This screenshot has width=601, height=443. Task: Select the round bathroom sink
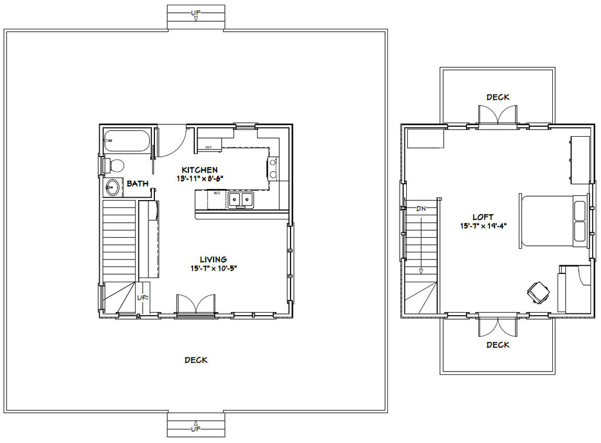(112, 188)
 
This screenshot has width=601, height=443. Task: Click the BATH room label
(138, 184)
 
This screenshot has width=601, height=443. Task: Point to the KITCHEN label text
(200, 170)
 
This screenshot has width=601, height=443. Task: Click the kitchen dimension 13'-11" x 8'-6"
(200, 178)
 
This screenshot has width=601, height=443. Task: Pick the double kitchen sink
(241, 199)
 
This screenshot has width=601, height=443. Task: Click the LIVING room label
(213, 259)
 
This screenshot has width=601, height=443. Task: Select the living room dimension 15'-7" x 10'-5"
(213, 268)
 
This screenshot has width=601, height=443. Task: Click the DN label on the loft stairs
(421, 208)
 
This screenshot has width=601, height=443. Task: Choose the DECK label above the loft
(498, 97)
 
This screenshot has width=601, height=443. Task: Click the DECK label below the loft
(498, 345)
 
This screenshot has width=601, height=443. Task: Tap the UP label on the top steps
(195, 12)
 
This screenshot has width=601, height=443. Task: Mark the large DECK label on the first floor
(196, 360)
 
